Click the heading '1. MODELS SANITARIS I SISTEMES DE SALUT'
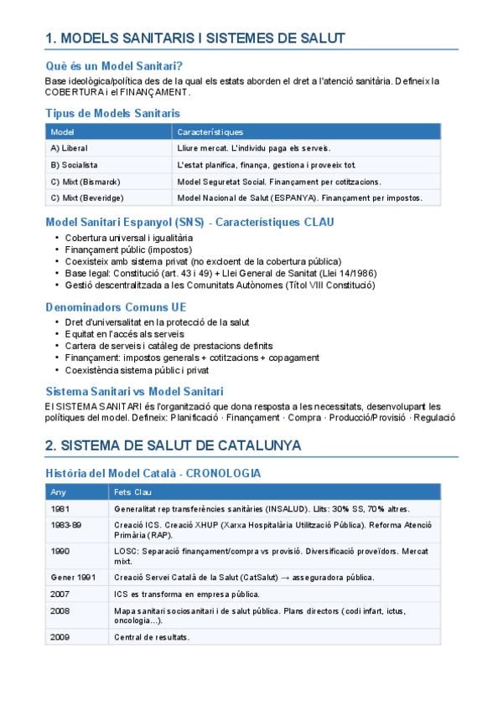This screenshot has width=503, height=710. click(194, 38)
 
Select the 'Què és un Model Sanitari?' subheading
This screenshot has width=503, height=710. click(115, 66)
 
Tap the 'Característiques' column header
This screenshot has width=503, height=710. click(210, 132)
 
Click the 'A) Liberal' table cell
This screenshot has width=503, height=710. click(70, 148)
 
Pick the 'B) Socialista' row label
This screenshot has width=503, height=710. click(74, 165)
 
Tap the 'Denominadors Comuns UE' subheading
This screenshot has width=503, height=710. click(116, 307)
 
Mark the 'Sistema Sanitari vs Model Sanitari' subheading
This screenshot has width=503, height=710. click(134, 391)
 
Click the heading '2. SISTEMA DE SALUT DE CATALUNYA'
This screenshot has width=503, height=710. click(174, 445)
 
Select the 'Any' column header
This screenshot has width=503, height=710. click(58, 492)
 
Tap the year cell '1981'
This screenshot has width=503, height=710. click(60, 509)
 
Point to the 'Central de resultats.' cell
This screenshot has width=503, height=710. click(152, 638)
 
